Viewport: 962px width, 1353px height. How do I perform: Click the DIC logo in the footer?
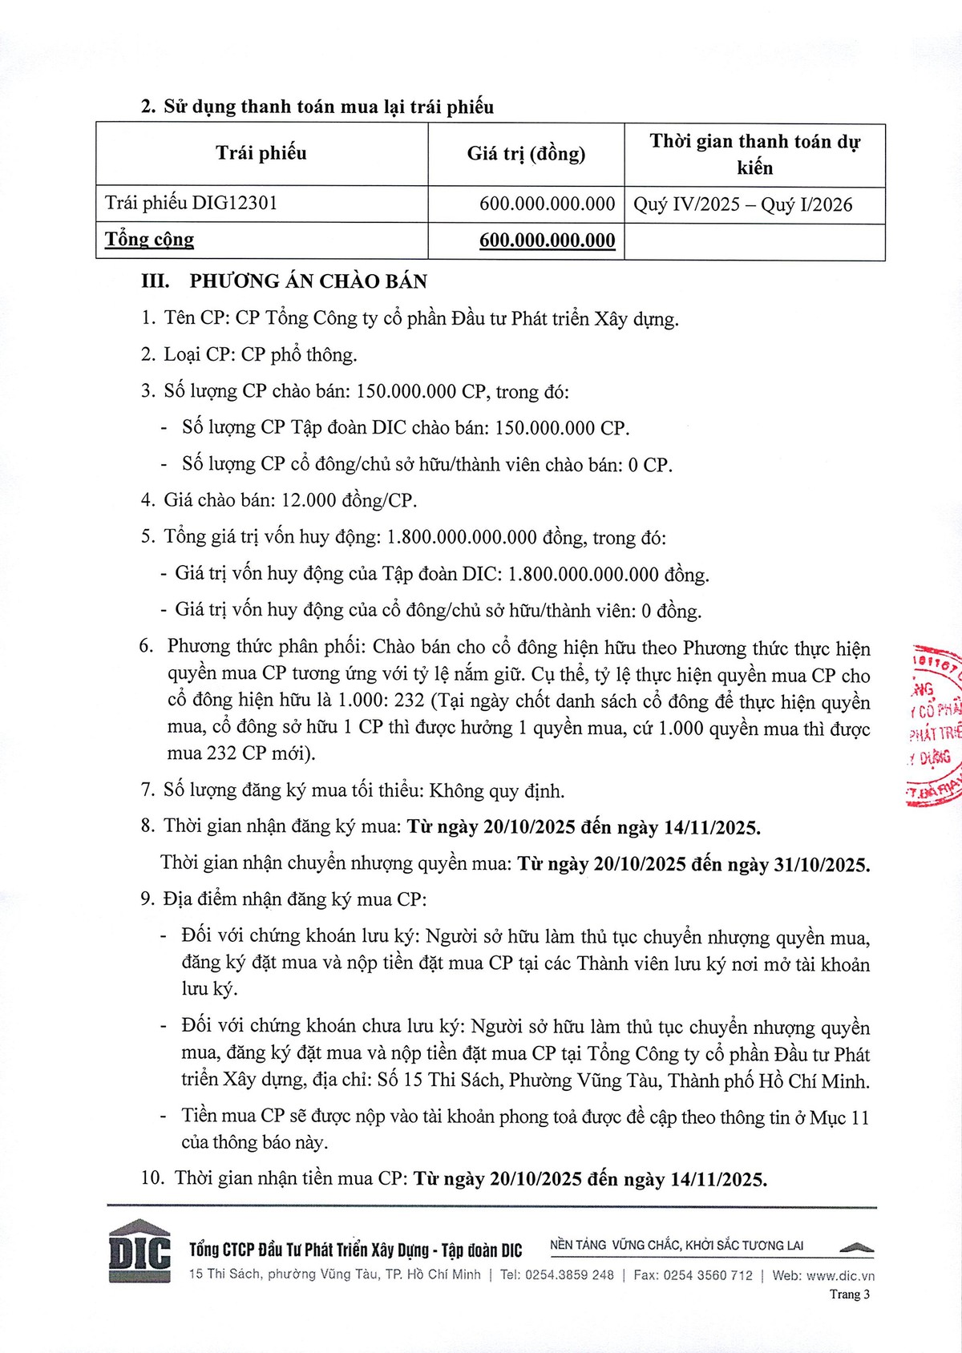tap(139, 1251)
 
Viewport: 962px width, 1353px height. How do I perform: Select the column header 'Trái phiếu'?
tap(261, 153)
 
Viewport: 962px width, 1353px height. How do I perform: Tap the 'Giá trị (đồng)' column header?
tap(526, 153)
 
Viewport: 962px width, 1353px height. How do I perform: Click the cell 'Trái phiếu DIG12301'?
tap(191, 204)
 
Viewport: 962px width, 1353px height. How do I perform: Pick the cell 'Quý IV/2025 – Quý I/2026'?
tap(743, 204)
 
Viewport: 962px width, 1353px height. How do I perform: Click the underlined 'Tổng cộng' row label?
tap(150, 240)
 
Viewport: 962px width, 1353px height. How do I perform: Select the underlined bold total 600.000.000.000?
tap(547, 240)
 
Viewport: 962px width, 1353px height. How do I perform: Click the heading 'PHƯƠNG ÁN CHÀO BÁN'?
tap(308, 281)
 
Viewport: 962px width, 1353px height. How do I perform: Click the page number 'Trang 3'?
tap(849, 1294)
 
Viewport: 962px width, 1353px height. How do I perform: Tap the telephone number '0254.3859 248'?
tap(569, 1275)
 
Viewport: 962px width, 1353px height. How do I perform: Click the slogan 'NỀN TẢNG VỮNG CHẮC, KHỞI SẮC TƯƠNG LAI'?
tap(677, 1246)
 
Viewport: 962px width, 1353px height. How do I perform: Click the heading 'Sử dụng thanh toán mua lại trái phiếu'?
tap(329, 107)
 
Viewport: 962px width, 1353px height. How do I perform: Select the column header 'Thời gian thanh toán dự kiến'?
tap(754, 154)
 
